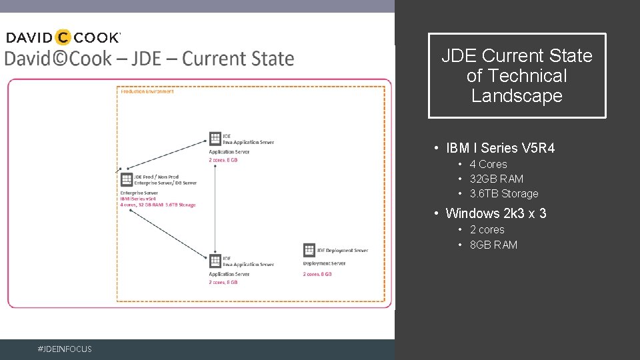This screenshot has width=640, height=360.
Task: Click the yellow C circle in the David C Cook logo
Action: pyautogui.click(x=64, y=37)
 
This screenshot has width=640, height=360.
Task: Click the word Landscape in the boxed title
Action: pyautogui.click(x=517, y=96)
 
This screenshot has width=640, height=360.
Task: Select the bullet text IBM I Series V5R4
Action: pyautogui.click(x=500, y=148)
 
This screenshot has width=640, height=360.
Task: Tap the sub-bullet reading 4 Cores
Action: pyautogui.click(x=488, y=164)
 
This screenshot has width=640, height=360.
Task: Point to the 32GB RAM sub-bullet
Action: pyautogui.click(x=496, y=179)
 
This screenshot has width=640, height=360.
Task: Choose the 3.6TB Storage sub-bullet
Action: pyautogui.click(x=503, y=193)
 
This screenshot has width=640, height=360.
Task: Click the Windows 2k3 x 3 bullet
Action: pyautogui.click(x=495, y=213)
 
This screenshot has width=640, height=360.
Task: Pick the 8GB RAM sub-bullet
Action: pyautogui.click(x=493, y=245)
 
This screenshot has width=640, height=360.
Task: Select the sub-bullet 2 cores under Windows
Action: pyautogui.click(x=487, y=229)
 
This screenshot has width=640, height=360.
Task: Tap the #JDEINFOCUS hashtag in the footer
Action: pyautogui.click(x=65, y=349)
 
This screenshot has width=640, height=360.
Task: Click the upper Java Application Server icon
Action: pyautogui.click(x=215, y=139)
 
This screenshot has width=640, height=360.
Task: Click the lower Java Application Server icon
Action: pyautogui.click(x=215, y=261)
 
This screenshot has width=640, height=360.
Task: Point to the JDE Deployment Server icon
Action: pyautogui.click(x=309, y=250)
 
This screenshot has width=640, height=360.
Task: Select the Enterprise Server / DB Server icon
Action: pyautogui.click(x=126, y=179)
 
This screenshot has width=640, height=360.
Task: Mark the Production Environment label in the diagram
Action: pyautogui.click(x=147, y=91)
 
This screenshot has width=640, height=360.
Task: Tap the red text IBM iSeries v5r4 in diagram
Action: pyautogui.click(x=138, y=199)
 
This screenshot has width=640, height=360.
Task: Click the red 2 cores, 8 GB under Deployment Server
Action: pyautogui.click(x=317, y=274)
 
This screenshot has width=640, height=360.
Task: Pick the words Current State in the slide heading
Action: pyautogui.click(x=238, y=59)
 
